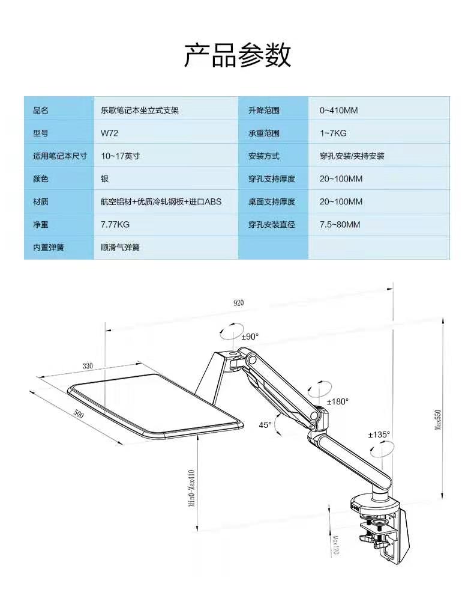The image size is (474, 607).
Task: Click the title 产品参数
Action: [x=237, y=55]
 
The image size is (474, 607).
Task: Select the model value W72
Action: [x=109, y=133]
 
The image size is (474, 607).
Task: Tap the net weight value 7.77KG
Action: [x=115, y=225]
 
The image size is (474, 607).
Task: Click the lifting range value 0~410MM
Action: [x=338, y=111]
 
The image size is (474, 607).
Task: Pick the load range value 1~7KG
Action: [x=333, y=133]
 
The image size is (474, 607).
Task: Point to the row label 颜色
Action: [x=41, y=179]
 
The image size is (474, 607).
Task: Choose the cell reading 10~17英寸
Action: [x=120, y=156]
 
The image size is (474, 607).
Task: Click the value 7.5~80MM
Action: [x=340, y=225]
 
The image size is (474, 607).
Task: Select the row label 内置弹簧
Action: [x=49, y=248]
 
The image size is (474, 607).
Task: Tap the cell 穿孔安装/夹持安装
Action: [x=352, y=156]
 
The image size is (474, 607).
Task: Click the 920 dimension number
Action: [x=239, y=303]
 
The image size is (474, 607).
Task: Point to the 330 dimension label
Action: [x=88, y=366]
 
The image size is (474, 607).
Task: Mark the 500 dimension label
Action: [x=79, y=414]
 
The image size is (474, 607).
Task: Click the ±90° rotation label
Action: [x=250, y=337]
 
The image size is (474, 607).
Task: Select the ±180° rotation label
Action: [x=338, y=402]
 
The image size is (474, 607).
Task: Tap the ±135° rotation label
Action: [x=379, y=435]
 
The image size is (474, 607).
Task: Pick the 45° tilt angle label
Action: [x=265, y=425]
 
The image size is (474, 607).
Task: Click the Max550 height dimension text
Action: [x=438, y=419]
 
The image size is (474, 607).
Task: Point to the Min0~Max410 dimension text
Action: [x=192, y=489]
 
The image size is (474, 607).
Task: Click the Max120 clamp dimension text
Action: [x=335, y=546]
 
